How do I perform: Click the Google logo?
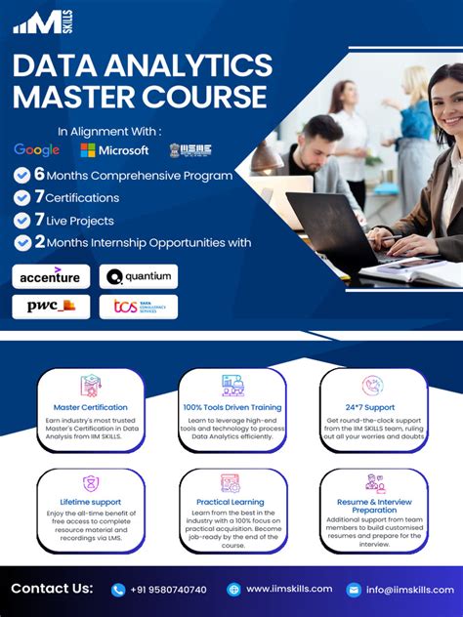point(36,150)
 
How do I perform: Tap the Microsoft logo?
point(114,150)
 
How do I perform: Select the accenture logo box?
point(51,276)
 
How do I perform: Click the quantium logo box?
point(139,276)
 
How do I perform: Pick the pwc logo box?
point(51,307)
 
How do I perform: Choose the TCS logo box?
point(139,307)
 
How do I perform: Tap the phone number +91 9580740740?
point(167,590)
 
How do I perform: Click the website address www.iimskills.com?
point(288,590)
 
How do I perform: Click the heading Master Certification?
point(91,407)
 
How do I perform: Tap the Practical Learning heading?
point(231,503)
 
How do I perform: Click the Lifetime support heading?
point(91,503)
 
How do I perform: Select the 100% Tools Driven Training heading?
point(231,407)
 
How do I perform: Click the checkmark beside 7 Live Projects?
point(22,221)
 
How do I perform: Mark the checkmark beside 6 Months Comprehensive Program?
point(22,175)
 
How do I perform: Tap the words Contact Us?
point(52,589)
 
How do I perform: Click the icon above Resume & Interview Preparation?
point(374,482)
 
